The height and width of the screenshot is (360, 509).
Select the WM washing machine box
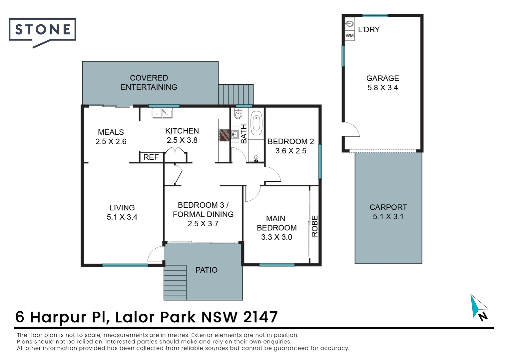coord(349,36)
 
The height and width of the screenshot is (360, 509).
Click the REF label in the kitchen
coord(151,157)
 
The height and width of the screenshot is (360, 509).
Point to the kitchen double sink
coord(162,113)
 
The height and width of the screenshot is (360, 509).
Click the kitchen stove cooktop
coord(224,135)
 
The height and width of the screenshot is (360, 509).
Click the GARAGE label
coord(383,78)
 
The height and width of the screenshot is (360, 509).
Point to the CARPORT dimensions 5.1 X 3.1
coord(388,217)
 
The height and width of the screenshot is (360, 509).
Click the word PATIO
coord(206,270)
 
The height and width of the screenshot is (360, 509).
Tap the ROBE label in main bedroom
coord(315,226)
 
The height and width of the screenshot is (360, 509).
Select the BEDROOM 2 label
coord(291,141)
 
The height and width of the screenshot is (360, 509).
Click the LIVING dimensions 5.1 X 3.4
coord(122,217)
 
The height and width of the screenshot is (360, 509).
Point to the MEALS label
coord(111,132)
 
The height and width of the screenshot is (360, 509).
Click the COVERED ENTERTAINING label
coord(149,83)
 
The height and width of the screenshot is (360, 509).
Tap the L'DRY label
coord(369,30)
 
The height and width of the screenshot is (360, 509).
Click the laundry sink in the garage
coord(349,24)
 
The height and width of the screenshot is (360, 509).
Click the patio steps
coord(175,283)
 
